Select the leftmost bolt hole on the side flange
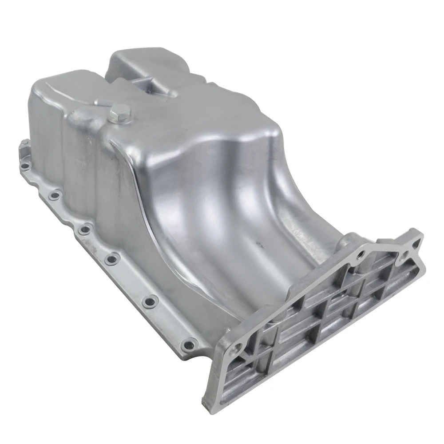(x=25, y=166)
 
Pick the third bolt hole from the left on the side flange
(x=84, y=229)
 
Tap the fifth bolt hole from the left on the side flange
(x=149, y=301)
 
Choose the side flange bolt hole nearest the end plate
(x=190, y=343)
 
